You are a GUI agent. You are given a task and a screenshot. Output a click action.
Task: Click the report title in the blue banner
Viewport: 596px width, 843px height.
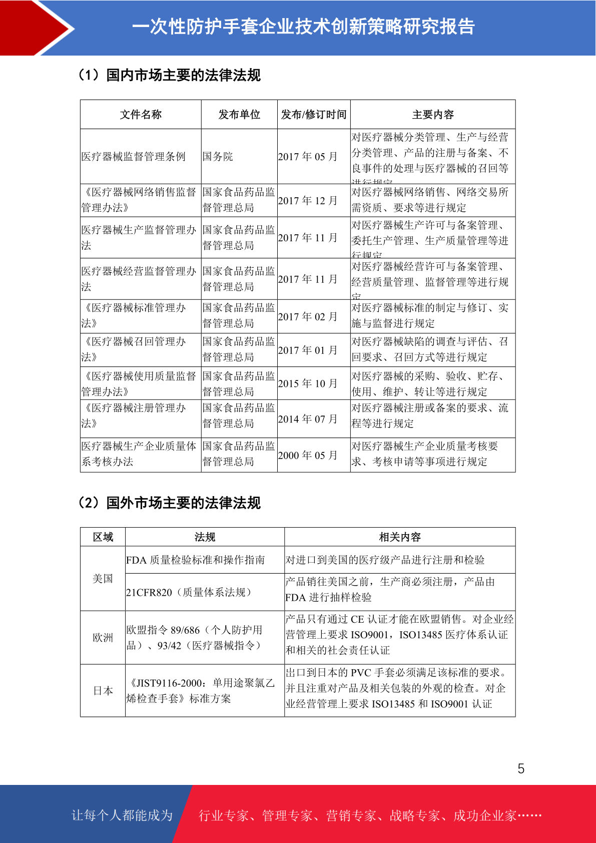303,27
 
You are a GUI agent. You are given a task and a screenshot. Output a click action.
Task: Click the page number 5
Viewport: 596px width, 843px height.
521,768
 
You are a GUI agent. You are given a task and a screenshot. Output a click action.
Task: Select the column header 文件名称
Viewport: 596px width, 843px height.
141,115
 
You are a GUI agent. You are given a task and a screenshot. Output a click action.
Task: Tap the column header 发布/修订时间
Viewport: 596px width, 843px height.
314,115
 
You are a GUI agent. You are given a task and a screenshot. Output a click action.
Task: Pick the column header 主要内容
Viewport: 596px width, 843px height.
433,115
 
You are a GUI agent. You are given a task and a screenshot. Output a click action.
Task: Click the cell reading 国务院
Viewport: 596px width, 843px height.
218,157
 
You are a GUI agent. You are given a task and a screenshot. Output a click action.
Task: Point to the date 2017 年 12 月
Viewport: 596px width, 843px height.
308,200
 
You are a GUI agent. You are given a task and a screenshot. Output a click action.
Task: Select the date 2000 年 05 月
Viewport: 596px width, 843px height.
308,455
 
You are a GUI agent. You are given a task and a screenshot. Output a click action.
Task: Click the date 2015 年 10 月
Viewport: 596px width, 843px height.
308,383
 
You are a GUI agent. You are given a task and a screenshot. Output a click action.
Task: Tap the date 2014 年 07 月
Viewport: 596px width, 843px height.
308,418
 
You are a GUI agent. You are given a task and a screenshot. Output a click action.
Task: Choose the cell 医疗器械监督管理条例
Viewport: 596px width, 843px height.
134,157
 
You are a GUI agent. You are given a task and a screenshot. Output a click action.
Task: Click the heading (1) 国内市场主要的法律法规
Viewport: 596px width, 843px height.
170,75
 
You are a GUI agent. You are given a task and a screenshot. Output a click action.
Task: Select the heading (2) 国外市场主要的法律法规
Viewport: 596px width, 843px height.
170,503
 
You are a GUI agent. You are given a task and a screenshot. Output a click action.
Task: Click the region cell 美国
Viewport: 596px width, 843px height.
103,579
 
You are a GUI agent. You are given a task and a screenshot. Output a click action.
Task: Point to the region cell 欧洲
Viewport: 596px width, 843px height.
103,638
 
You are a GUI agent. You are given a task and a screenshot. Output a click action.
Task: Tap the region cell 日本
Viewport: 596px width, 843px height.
103,691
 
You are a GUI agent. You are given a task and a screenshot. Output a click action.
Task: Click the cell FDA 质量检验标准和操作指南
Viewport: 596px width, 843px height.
196,560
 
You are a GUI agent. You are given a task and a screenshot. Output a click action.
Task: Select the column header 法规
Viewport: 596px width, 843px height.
205,537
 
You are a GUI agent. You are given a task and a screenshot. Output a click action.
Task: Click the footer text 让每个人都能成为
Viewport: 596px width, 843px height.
122,815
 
